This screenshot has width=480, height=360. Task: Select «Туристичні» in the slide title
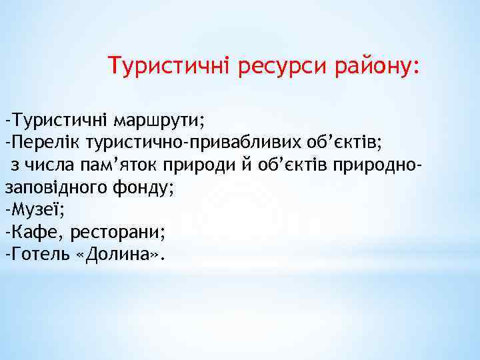coord(173,66)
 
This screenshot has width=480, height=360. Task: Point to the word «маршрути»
coord(159,121)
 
